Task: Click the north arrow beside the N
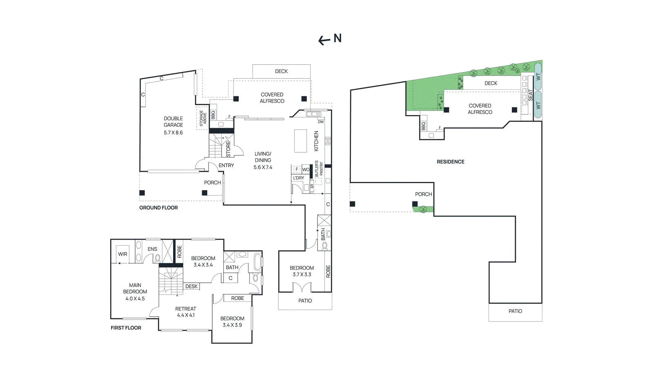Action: (x=324, y=40)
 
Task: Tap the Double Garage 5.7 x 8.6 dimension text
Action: (x=173, y=133)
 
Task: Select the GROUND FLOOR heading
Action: (x=158, y=208)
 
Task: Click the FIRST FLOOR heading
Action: (x=126, y=328)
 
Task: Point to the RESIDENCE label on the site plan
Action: (x=451, y=162)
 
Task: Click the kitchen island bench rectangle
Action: (x=300, y=141)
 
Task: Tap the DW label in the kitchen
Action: (x=321, y=122)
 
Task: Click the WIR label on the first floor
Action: (x=122, y=254)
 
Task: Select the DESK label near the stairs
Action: (x=191, y=286)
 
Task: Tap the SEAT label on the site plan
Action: (x=530, y=95)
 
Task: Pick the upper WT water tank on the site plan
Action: (x=538, y=77)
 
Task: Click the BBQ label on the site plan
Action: (x=423, y=126)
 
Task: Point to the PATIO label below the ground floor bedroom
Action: (x=305, y=301)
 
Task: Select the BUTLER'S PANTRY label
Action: (x=319, y=168)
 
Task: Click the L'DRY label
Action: (x=298, y=178)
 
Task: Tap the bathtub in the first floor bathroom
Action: (x=258, y=263)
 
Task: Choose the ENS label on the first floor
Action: (x=152, y=249)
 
